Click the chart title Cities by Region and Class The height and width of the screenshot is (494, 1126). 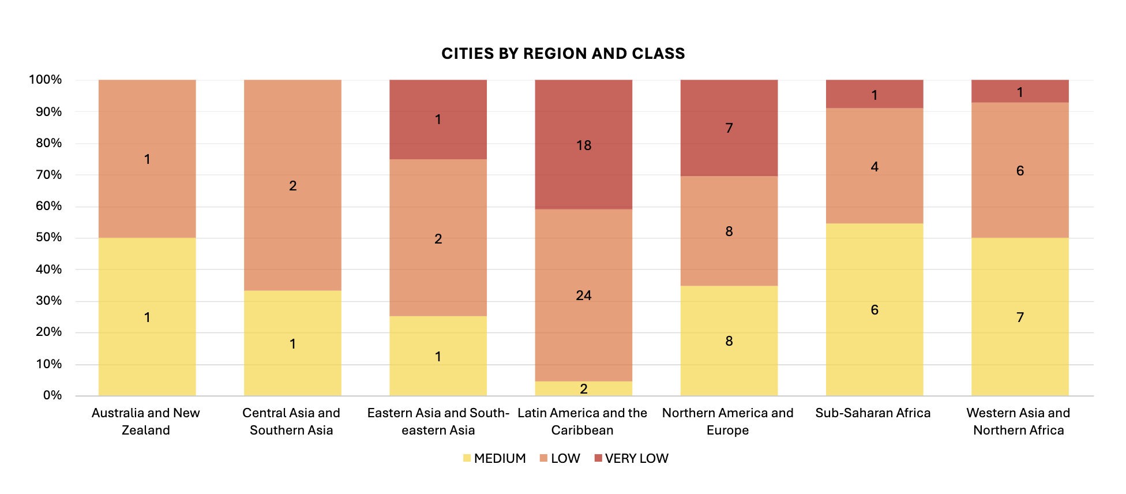click(563, 54)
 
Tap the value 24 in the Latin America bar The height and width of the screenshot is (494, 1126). click(583, 295)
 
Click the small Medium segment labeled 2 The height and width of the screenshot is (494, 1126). click(583, 388)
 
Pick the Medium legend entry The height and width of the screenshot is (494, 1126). click(494, 458)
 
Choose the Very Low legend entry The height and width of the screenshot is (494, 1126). click(631, 458)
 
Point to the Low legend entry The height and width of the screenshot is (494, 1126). click(560, 458)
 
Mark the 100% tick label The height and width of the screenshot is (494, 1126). click(46, 80)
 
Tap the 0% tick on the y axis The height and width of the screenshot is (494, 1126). click(52, 395)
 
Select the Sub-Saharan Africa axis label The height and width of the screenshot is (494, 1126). click(873, 413)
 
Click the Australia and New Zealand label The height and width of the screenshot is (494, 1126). click(146, 421)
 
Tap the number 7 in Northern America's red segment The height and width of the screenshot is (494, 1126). click(729, 128)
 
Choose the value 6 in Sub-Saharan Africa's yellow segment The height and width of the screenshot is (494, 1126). click(874, 310)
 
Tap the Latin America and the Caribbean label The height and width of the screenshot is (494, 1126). click(582, 421)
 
